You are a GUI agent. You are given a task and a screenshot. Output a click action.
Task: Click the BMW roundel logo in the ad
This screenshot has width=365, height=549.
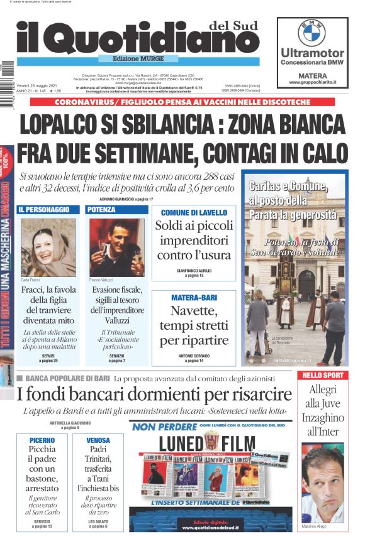point(312,32)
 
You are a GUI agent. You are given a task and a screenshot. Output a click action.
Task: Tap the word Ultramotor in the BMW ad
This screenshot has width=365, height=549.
point(312,53)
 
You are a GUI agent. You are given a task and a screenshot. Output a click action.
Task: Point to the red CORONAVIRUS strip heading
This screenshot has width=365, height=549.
point(182,102)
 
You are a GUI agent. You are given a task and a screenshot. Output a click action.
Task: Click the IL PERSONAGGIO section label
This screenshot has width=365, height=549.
point(44,209)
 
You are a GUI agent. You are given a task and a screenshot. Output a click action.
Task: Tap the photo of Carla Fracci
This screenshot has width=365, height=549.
point(48,247)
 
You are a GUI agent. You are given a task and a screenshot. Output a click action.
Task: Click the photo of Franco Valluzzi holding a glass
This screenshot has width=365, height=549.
point(116,247)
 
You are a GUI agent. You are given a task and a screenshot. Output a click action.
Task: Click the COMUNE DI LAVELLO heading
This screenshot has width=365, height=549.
point(194,213)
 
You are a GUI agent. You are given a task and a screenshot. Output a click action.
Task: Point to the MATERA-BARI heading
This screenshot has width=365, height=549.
point(194,297)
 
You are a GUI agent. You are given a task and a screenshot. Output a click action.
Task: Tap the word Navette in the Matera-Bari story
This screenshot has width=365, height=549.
point(194,310)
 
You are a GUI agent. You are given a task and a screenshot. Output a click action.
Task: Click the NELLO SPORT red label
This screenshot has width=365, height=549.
point(323,375)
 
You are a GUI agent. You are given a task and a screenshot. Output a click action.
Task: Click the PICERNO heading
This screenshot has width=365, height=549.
point(42,440)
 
